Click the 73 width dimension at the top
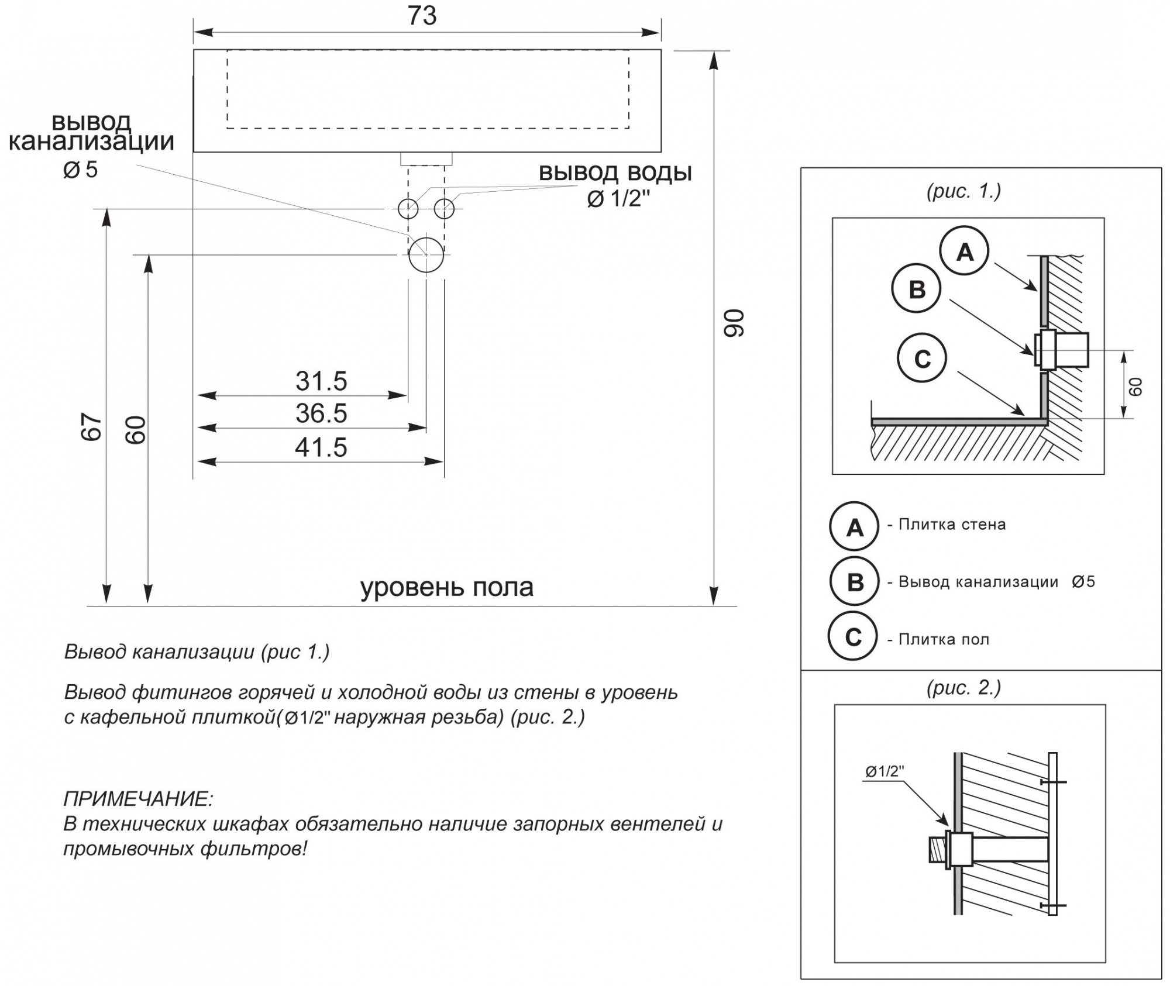[422, 16]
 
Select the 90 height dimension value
[734, 323]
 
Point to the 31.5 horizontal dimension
[321, 381]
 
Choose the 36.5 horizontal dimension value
[321, 413]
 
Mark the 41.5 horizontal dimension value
[321, 447]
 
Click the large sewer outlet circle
[426, 255]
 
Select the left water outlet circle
[408, 208]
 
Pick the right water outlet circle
[445, 208]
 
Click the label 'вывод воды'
[615, 173]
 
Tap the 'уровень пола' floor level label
[447, 587]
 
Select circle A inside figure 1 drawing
[964, 251]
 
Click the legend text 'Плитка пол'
[944, 639]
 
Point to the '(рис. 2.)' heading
[963, 688]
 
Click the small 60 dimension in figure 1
[1135, 387]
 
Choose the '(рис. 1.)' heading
[963, 191]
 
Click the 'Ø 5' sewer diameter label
[81, 170]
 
